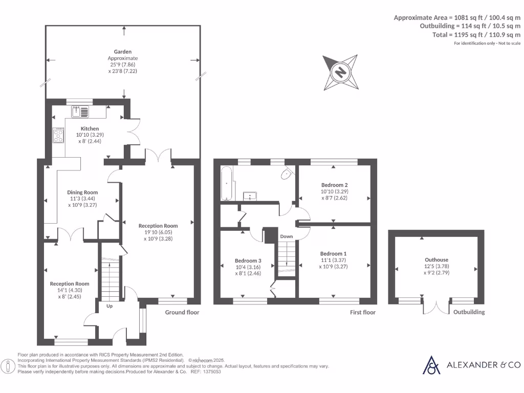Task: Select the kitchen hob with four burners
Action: click(58, 136)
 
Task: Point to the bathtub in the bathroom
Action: click(227, 183)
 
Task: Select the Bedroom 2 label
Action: click(334, 185)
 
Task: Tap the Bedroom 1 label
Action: click(333, 254)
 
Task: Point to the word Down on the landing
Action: click(287, 236)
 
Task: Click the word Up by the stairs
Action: click(110, 306)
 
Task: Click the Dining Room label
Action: click(82, 192)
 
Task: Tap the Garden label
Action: click(123, 52)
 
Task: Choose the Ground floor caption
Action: click(182, 312)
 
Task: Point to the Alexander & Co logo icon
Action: click(431, 365)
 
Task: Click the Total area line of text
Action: click(484, 35)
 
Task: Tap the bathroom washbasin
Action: click(250, 195)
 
